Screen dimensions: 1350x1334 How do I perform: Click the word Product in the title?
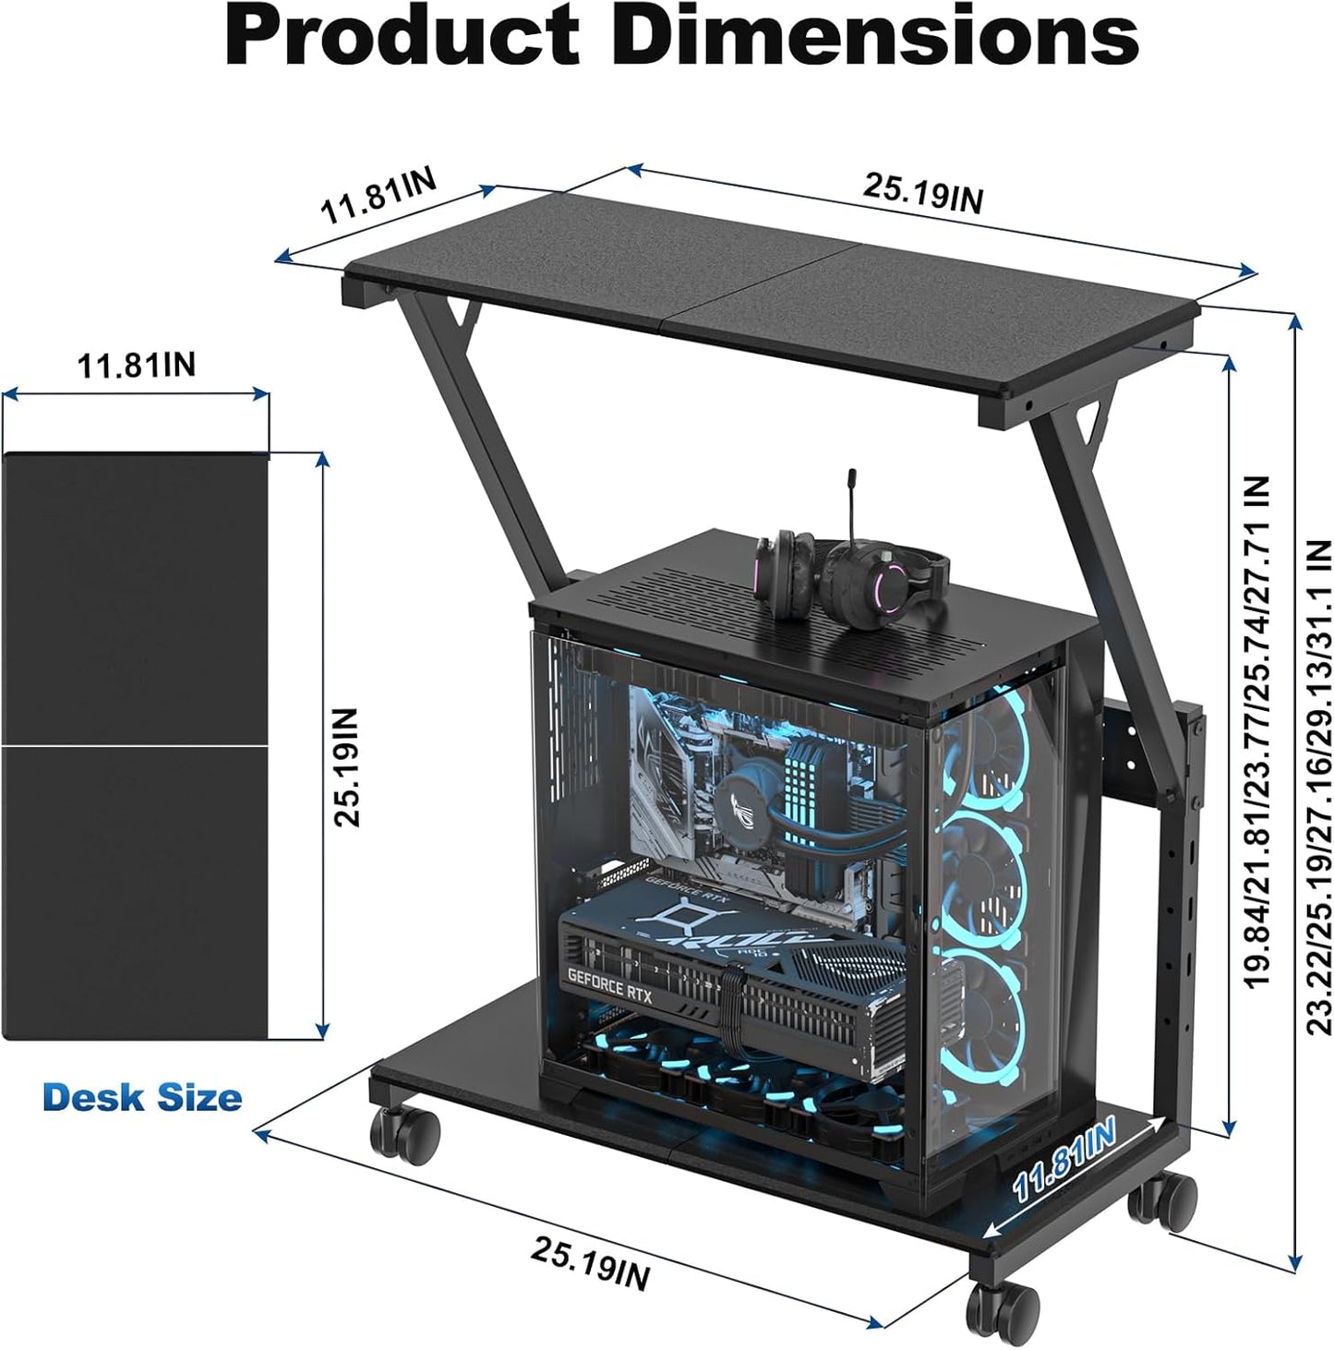click(x=403, y=37)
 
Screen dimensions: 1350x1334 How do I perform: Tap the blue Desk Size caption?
click(x=142, y=1098)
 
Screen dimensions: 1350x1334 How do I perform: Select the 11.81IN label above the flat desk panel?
click(x=136, y=365)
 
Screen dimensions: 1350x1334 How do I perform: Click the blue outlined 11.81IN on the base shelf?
click(x=1064, y=1159)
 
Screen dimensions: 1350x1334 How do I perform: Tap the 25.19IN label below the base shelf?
click(x=590, y=1263)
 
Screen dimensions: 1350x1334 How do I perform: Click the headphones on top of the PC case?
click(x=849, y=573)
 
